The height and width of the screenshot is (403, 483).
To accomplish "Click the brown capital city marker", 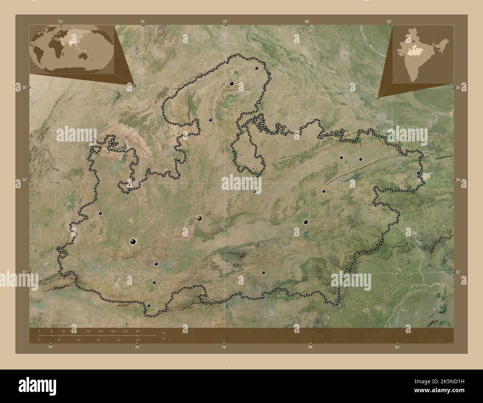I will [200, 219].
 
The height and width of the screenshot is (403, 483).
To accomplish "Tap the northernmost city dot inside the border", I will [256, 68].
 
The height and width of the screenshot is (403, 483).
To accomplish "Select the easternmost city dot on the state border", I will [418, 173].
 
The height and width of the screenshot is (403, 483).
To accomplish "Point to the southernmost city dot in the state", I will [149, 306].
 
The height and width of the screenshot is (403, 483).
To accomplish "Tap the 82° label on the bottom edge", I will [397, 347].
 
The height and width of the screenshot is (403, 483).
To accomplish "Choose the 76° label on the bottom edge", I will [137, 347].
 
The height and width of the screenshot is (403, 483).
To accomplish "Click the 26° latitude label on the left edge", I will [24, 87].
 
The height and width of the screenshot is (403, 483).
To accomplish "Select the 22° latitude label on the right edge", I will [458, 272].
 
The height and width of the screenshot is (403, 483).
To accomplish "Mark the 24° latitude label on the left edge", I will [24, 180].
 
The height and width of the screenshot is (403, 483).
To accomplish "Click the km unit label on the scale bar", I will [163, 332].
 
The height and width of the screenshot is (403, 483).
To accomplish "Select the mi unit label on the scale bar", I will [163, 339].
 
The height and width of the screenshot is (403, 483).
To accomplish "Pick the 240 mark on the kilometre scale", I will [137, 331].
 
